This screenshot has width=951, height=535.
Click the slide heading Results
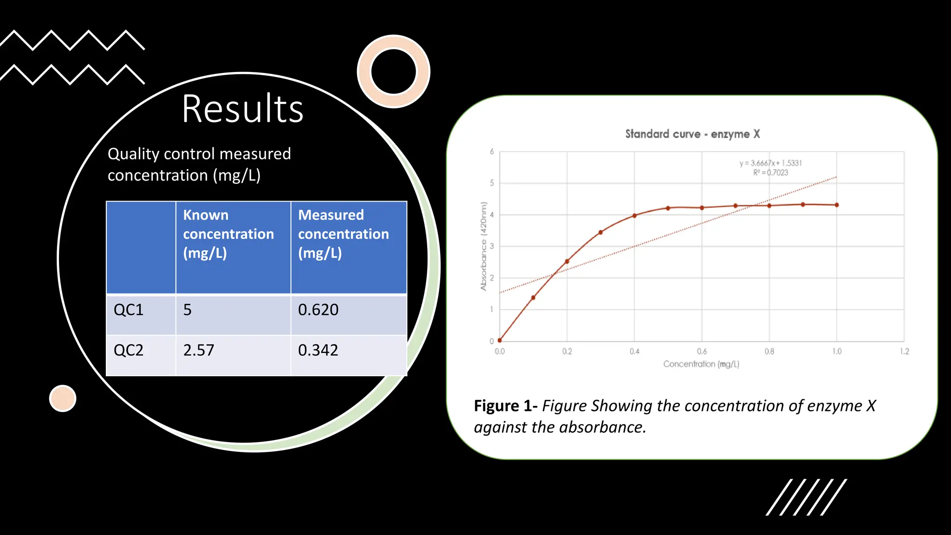coord(242,109)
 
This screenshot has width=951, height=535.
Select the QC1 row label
coord(129,310)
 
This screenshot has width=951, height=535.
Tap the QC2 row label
coord(129,350)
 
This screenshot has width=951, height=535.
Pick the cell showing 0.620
coord(319,310)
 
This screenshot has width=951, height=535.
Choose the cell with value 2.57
coord(199,350)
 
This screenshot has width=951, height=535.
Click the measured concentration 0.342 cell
coord(318,350)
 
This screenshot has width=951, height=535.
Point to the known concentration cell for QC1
coord(188,310)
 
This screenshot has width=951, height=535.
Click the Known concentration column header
coord(228,234)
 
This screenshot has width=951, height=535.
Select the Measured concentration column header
coord(344,234)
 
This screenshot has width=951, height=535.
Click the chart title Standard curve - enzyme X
coord(692,134)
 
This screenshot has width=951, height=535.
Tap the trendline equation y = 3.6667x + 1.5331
coord(770,163)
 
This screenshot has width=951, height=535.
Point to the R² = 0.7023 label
coord(770,173)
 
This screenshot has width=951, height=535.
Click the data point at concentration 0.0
coord(500,340)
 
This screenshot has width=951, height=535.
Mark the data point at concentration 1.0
coord(837,205)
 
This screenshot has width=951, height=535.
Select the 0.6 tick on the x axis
coord(702,352)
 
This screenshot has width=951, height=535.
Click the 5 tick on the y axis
coord(492,183)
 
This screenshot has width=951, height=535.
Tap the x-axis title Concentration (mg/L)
coord(701,364)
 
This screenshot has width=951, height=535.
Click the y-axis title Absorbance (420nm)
coord(483,246)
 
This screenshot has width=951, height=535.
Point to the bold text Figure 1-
coord(505,406)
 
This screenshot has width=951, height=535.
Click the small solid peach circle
coord(63,398)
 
